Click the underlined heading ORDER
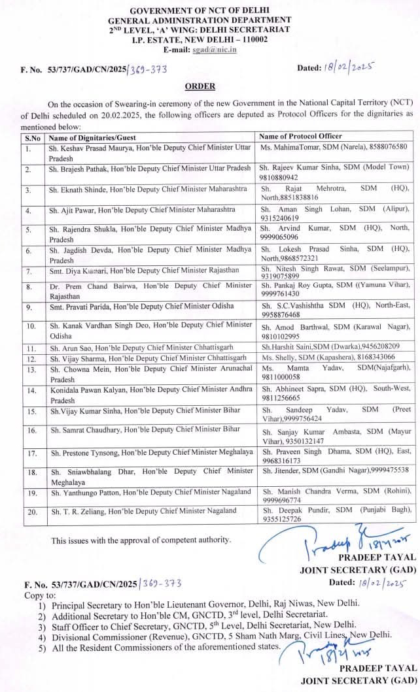pyautogui.click(x=200, y=86)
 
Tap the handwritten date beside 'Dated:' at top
pyautogui.click(x=354, y=67)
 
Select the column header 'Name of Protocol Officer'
pyautogui.click(x=301, y=137)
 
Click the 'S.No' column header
pyautogui.click(x=33, y=137)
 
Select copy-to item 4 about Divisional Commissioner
pyautogui.click(x=222, y=634)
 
